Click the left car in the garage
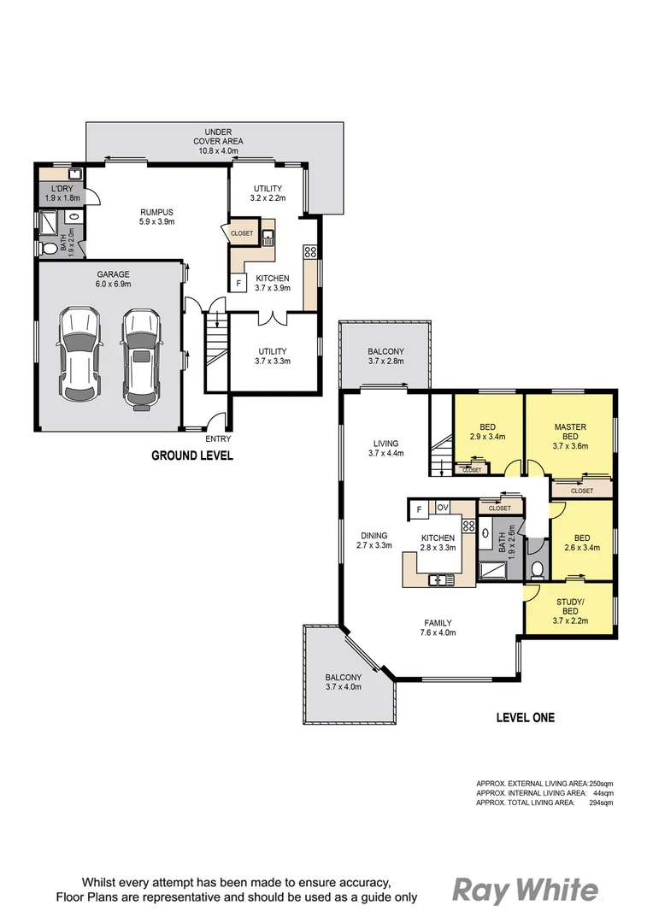[78, 356]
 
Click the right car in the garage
[141, 356]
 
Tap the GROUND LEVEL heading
[191, 456]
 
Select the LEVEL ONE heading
[525, 717]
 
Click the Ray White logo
[525, 890]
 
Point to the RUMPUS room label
[156, 217]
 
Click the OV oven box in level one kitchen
[443, 508]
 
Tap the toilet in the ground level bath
[49, 249]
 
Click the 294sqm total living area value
[603, 802]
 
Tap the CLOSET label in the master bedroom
[581, 491]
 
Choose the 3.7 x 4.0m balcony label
[344, 682]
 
